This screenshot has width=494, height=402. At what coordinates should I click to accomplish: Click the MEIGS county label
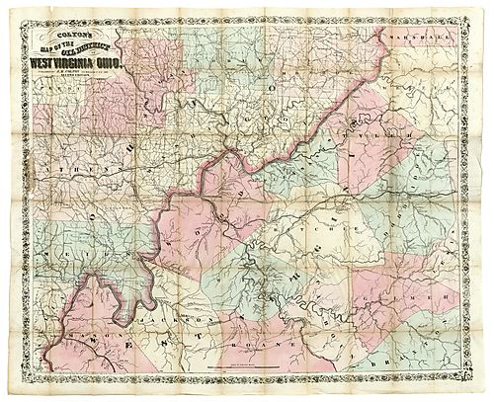69,254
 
